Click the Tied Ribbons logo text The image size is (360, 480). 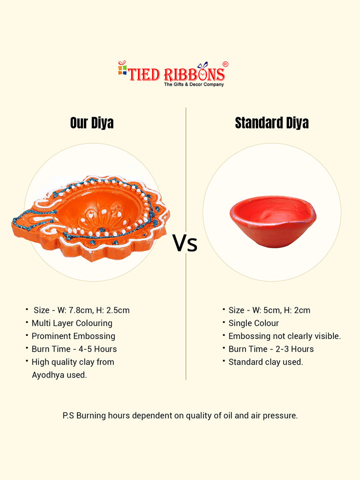176,74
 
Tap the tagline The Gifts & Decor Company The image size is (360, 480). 194,84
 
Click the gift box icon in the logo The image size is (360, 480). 122,68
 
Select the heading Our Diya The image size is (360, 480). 92,123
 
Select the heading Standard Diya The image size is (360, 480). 272,123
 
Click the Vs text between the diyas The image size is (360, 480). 185,243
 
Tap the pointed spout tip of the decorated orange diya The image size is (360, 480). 13,220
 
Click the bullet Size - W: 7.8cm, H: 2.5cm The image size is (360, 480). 81,310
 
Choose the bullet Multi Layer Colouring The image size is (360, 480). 72,323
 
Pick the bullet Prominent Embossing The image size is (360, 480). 73,336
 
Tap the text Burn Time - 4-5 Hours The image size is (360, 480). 74,349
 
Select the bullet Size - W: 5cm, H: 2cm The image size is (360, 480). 269,310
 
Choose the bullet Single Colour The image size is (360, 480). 254,323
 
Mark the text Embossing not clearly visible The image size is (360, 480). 284,336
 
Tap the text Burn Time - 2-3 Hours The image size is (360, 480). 271,349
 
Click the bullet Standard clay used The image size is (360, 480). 265,362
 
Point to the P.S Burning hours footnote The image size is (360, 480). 180,415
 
